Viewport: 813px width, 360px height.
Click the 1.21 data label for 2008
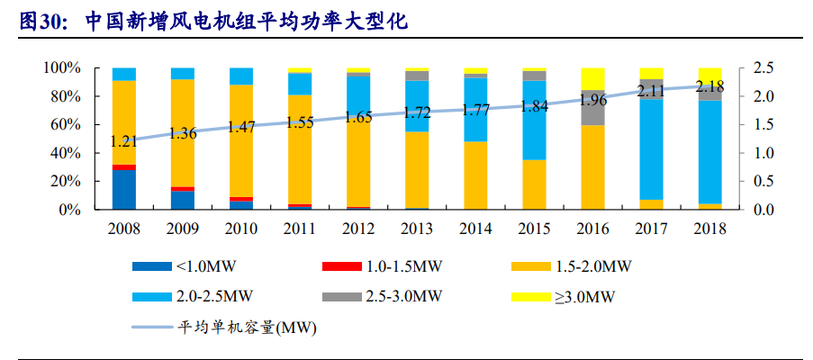124,141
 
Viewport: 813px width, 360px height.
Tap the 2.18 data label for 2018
709,86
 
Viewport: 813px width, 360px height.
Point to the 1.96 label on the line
592,100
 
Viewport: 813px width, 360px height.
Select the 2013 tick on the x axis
417,229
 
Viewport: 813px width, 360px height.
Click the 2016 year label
592,229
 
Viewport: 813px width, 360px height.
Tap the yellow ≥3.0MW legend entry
562,295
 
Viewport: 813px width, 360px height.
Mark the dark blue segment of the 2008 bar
124,190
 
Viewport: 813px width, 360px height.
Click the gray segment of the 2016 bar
592,107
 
